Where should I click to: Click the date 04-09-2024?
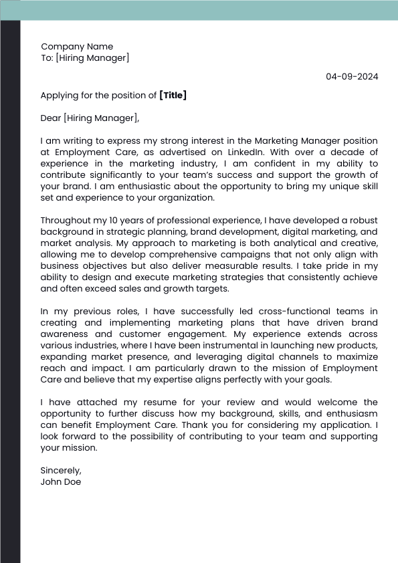pos(352,76)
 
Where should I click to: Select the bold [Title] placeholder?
pos(173,95)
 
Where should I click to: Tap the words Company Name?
pos(77,47)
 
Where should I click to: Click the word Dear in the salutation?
pos(51,118)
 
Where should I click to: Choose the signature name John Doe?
pos(61,481)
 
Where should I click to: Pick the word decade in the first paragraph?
pos(361,152)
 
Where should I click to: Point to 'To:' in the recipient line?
pos(47,58)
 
